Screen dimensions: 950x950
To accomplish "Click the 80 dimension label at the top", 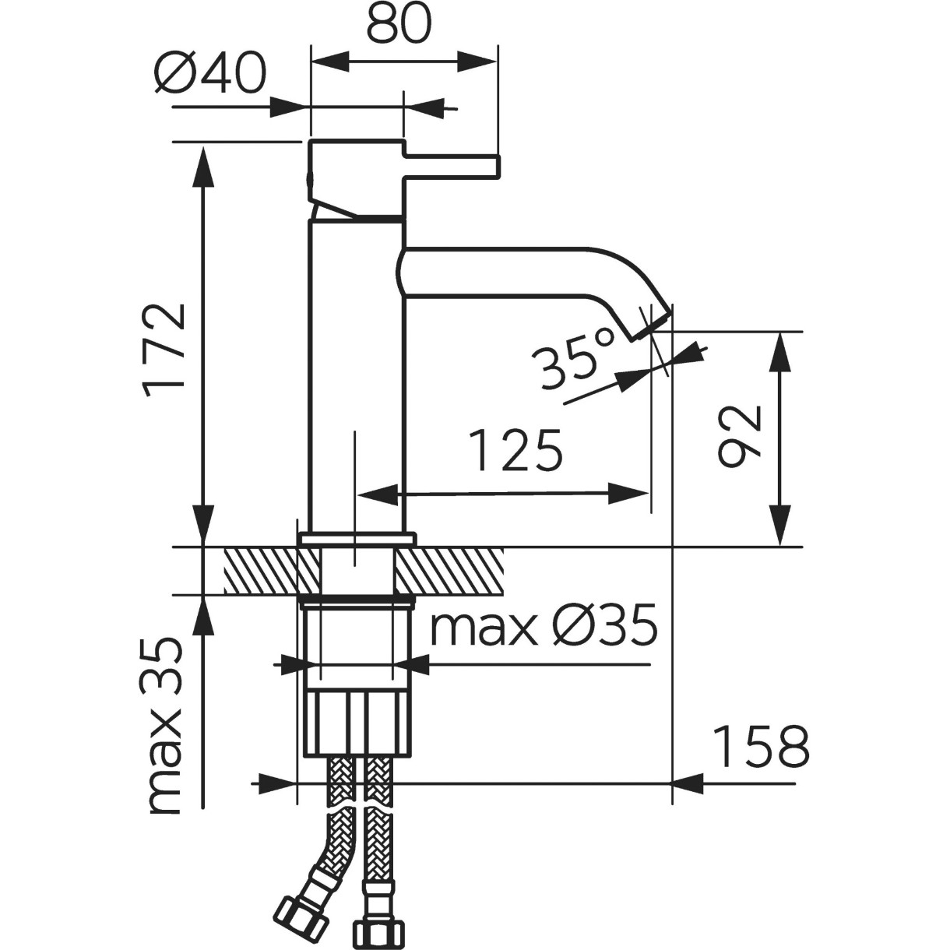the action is tap(399, 23).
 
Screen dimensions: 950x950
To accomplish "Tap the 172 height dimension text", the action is tap(164, 351).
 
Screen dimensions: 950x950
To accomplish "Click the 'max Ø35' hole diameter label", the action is tap(544, 625).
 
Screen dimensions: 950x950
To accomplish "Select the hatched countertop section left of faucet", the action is tap(271, 572).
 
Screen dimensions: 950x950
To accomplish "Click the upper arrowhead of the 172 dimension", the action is tap(203, 167).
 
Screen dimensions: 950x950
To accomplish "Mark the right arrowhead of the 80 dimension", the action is tap(477, 62).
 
